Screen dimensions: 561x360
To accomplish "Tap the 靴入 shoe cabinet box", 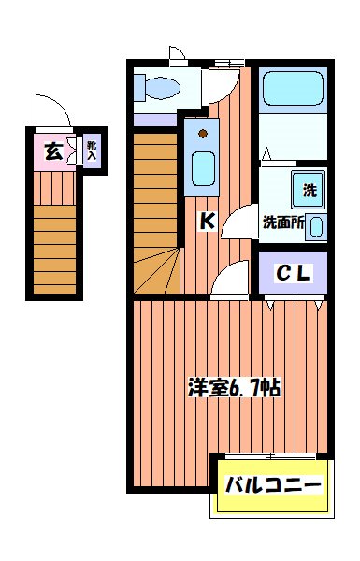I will click(x=92, y=151).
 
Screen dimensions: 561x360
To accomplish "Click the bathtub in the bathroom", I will click(x=291, y=89).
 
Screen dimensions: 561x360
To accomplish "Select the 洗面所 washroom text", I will click(x=282, y=223).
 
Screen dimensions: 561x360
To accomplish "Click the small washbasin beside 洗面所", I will click(x=317, y=225).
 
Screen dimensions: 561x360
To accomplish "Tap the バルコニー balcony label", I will click(x=272, y=486).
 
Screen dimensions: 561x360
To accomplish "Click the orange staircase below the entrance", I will click(x=55, y=248).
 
